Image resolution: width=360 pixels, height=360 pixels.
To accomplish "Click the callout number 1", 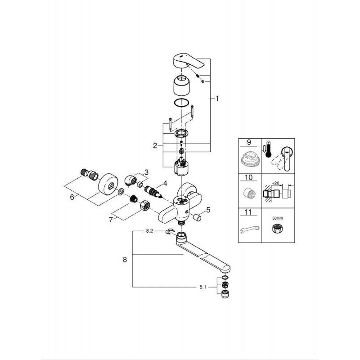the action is [217, 99].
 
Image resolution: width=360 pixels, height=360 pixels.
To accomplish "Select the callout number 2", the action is [155, 145].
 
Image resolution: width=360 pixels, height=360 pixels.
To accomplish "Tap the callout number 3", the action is [146, 172].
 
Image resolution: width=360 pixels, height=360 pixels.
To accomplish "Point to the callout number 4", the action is [165, 183].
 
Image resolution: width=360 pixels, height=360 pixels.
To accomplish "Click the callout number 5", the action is [208, 210].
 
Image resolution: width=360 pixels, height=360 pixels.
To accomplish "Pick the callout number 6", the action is [72, 197].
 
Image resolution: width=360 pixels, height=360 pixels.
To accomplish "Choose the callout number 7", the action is [111, 220].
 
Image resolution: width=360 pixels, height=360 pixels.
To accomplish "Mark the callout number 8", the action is [125, 260].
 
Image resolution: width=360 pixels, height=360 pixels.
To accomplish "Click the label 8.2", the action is [149, 231].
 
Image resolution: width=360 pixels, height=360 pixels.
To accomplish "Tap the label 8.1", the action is [203, 287].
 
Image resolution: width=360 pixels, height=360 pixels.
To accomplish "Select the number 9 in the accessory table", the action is [249, 142].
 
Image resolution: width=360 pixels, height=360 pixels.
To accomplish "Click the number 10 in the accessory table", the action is [249, 177].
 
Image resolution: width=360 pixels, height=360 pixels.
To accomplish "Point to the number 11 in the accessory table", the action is [248, 212].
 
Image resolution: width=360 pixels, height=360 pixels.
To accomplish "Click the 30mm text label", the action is [278, 218].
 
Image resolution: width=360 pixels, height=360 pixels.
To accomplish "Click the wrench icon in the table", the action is [249, 229].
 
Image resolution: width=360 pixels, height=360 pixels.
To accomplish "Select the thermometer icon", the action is [267, 149].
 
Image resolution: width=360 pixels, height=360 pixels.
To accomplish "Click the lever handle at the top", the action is [188, 61].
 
